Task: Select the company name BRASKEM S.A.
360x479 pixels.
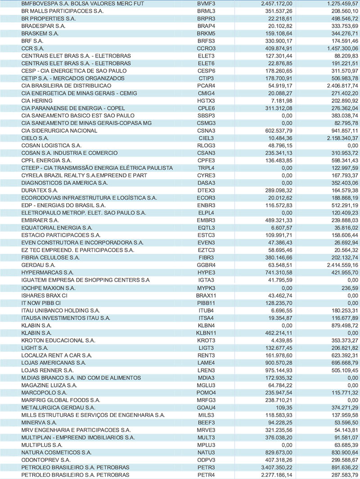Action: [40, 33]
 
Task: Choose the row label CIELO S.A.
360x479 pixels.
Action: [35, 138]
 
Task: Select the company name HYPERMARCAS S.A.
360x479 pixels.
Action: [47, 273]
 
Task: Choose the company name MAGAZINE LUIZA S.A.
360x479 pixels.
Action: [49, 385]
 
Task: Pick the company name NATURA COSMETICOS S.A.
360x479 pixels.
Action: [56, 452]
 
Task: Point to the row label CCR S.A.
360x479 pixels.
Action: [32, 48]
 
